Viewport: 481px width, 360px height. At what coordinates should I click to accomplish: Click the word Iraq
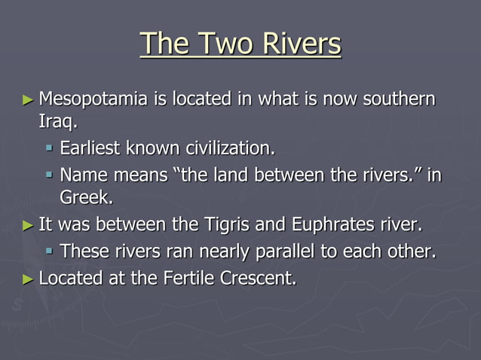57,121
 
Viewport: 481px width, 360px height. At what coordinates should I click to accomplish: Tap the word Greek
85,197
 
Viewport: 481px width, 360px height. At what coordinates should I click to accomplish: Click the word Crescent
258,278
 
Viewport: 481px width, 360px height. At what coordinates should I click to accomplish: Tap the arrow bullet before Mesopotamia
28,99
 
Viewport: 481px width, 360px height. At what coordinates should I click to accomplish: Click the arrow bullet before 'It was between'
28,224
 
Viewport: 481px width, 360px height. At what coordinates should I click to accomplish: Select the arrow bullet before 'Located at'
28,279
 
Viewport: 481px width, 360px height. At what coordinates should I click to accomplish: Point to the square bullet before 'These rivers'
49,252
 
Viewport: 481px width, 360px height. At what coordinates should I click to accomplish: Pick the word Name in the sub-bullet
82,176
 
